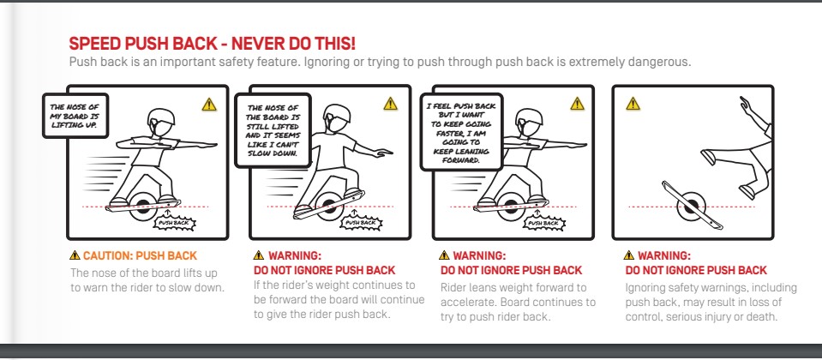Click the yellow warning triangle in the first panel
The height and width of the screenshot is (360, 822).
pos(209,105)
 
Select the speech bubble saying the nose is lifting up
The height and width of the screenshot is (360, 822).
pos(75,115)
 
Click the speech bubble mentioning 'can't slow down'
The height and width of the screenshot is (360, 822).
pos(273,130)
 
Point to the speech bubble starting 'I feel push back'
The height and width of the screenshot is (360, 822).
pos(461,132)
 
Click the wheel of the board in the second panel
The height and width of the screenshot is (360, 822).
pos(329,207)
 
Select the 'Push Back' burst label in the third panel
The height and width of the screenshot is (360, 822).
pos(543,223)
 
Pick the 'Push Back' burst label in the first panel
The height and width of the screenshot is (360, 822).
pos(175,223)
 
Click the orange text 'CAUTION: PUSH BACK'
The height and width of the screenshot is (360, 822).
pos(140,256)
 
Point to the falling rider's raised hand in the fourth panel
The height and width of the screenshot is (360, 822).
pos(746,103)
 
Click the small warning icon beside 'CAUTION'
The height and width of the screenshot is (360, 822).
pos(75,255)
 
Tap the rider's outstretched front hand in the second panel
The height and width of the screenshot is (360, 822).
pos(383,153)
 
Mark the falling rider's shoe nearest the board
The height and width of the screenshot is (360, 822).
pos(710,157)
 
